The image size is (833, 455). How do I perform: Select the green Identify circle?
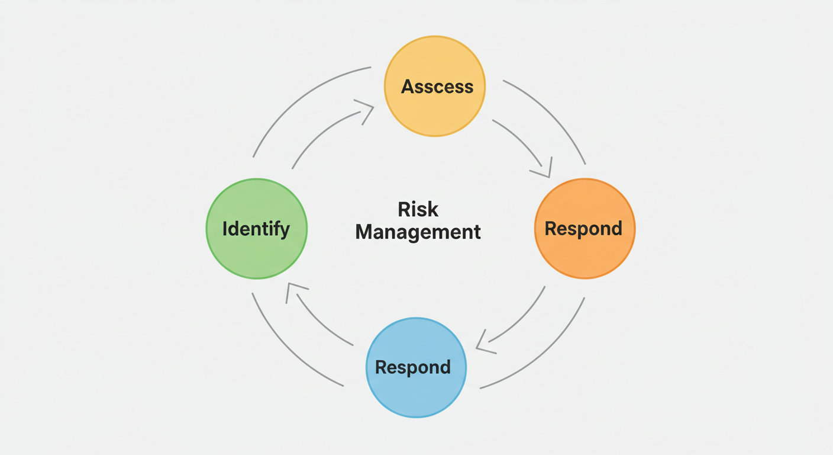[x=256, y=255]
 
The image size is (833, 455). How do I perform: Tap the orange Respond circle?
[x=585, y=255]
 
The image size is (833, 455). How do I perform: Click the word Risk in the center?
[x=418, y=210]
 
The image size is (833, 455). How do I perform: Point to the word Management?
[x=418, y=232]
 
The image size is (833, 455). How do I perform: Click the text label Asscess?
[x=437, y=86]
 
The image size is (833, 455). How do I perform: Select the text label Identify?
[x=256, y=229]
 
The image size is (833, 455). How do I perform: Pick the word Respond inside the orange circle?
[x=583, y=229]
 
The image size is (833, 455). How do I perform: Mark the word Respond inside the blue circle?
[x=413, y=367]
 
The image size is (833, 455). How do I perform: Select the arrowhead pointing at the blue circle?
[x=484, y=344]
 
